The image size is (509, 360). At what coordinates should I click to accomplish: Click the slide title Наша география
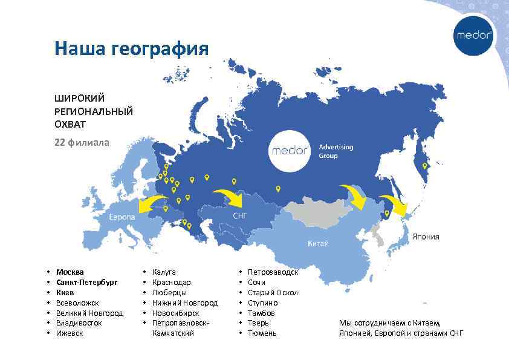131,48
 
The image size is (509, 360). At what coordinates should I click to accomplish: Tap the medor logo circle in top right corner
473,35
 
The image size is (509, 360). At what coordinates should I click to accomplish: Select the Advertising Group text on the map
336,151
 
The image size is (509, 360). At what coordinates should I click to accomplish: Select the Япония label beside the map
426,237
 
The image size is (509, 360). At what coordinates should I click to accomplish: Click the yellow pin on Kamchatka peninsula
424,166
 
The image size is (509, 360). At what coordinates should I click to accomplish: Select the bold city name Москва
70,272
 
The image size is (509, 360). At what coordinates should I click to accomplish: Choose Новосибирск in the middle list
176,313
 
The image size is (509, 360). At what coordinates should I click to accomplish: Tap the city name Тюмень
262,333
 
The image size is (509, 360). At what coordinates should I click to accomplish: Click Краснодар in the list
172,283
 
